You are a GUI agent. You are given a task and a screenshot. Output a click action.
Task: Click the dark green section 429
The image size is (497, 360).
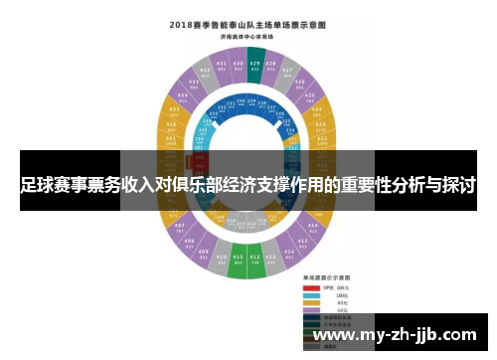click(255, 68)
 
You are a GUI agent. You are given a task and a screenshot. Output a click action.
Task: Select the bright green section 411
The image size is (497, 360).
click(238, 264)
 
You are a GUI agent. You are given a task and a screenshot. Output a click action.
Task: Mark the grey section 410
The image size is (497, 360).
click(222, 261)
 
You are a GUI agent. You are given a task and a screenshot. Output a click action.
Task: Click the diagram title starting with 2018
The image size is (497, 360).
click(248, 24)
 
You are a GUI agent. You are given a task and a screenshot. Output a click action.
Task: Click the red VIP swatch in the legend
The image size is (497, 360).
click(311, 288)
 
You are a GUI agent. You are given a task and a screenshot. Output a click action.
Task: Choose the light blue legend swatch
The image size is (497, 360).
click(311, 296)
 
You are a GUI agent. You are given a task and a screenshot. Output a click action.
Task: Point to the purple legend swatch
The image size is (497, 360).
click(311, 311)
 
